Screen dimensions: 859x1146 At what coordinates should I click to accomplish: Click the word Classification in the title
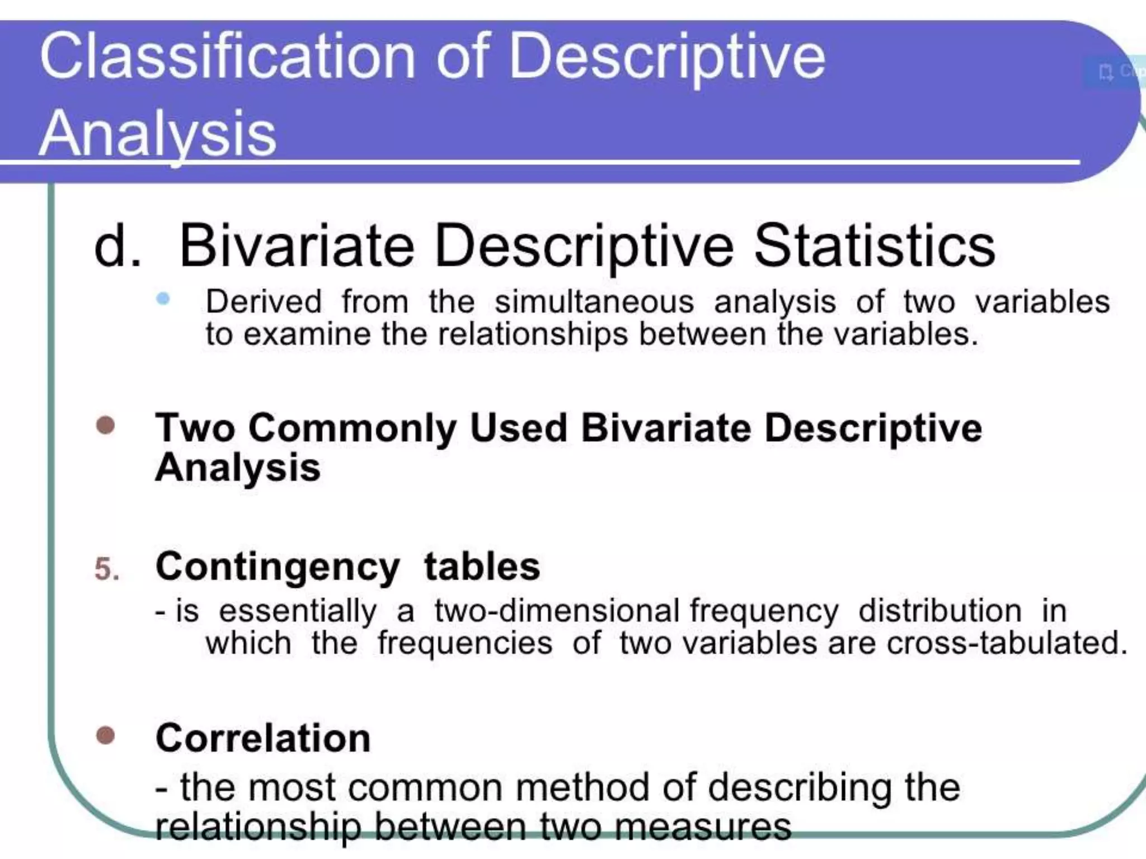click(x=227, y=56)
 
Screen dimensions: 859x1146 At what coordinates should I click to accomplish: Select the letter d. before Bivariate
click(x=117, y=246)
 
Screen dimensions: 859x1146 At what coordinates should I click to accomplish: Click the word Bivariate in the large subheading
click(x=297, y=246)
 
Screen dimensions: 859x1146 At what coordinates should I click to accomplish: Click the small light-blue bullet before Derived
click(x=163, y=299)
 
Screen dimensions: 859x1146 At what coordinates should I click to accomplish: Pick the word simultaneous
click(x=594, y=302)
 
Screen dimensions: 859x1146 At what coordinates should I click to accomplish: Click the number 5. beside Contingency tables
click(x=107, y=569)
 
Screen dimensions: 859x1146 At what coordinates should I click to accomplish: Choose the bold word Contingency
click(x=278, y=567)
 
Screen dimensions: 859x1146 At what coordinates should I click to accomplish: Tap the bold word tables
click(x=482, y=566)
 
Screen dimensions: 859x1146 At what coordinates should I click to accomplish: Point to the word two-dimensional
click(x=557, y=610)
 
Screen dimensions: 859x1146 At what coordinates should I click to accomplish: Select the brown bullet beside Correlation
click(x=105, y=735)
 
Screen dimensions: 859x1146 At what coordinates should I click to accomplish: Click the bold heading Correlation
click(x=263, y=738)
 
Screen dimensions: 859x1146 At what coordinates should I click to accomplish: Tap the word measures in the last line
click(x=703, y=827)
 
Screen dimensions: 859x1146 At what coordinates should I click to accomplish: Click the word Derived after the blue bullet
click(x=264, y=302)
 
